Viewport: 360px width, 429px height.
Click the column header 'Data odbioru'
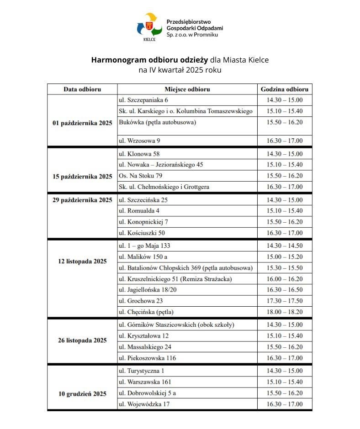coord(82,89)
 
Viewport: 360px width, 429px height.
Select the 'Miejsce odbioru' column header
coord(187,89)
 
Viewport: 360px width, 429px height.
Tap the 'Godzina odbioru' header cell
coord(284,89)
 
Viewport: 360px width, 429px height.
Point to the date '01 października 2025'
coord(82,123)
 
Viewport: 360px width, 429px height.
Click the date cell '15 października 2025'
coord(82,176)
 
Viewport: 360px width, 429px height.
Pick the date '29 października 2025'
coord(82,200)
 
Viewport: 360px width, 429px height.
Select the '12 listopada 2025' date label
coord(82,261)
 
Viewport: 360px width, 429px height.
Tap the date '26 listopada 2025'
coord(82,340)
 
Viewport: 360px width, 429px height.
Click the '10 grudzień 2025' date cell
coord(82,393)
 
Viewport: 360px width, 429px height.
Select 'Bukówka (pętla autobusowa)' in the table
coord(157,122)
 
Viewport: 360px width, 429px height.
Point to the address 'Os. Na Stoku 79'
coord(140,176)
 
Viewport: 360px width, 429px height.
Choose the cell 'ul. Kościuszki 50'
coord(142,233)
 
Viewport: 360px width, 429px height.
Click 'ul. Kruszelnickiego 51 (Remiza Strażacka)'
coord(175,279)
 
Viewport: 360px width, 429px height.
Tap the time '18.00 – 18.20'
coord(284,312)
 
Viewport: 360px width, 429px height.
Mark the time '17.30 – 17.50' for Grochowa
coord(284,301)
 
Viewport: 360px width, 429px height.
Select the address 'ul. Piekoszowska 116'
coord(147,358)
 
